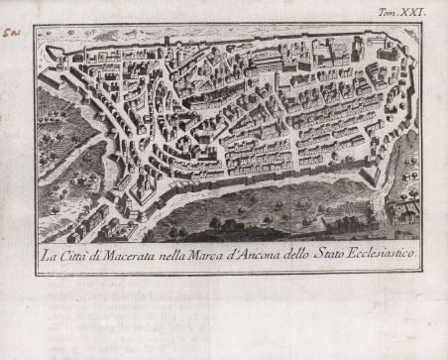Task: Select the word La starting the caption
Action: [47, 256]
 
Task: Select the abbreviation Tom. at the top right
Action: [393, 13]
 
